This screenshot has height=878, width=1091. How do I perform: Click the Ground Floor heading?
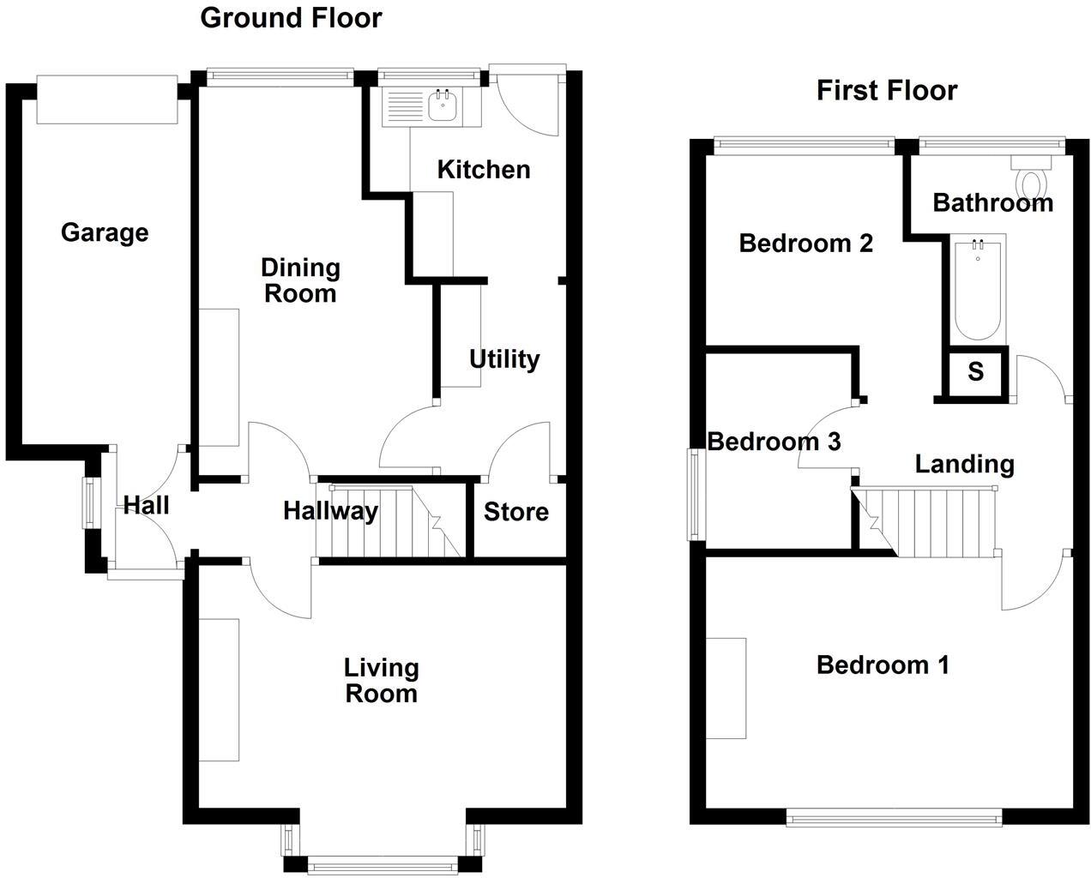tap(291, 19)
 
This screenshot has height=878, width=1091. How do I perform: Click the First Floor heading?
tap(887, 91)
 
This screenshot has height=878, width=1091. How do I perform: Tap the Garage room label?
tap(105, 233)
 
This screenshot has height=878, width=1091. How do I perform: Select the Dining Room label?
tap(300, 281)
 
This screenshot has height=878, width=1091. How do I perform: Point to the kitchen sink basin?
tap(443, 106)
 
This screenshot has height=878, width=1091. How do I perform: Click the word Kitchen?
tap(484, 170)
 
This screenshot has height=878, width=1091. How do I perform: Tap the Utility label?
tap(504, 360)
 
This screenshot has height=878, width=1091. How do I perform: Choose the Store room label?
tap(516, 512)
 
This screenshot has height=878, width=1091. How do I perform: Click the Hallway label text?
tap(330, 512)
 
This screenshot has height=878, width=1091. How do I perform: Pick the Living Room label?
tap(381, 681)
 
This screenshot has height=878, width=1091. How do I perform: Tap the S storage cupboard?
tap(975, 371)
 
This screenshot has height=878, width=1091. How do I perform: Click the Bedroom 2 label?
tap(806, 244)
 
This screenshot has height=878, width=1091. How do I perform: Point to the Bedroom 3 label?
tap(775, 442)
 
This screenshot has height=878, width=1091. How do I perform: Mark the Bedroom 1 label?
tap(883, 665)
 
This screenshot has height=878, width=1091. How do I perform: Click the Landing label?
tap(964, 465)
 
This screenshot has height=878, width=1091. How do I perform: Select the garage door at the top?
tap(107, 99)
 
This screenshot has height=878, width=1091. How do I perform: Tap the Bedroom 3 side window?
tap(694, 494)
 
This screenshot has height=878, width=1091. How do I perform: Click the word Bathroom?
tap(993, 203)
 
